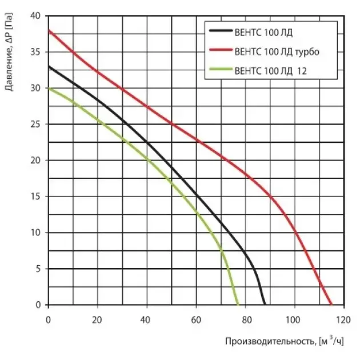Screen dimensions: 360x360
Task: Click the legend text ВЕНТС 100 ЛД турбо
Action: [277, 51]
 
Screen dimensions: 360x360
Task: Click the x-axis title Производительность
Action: [269, 342]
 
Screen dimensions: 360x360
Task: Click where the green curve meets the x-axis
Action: [238, 305]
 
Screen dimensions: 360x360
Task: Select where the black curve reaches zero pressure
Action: [265, 305]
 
